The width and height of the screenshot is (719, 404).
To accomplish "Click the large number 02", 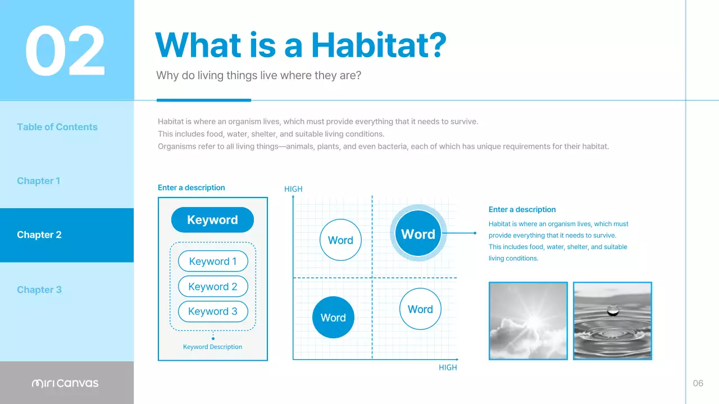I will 65,51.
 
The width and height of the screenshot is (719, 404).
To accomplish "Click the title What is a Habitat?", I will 301,45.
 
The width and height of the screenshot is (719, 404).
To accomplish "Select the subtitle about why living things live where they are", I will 258,75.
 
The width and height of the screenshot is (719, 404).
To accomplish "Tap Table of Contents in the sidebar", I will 57,127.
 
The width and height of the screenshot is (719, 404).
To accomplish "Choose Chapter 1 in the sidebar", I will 38,181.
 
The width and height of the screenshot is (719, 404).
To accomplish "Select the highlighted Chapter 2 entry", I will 39,235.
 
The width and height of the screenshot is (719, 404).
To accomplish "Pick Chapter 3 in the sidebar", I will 39,290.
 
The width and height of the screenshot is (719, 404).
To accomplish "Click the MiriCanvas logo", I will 65,383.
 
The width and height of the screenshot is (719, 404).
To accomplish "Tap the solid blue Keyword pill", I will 212,220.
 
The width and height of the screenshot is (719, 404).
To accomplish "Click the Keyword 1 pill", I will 213,261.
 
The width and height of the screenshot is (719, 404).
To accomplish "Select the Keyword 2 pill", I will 213,287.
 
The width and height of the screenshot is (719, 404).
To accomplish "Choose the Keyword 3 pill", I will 213,311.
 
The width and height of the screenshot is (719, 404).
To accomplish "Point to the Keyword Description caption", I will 212,347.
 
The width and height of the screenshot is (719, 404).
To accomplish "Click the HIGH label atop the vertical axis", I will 293,189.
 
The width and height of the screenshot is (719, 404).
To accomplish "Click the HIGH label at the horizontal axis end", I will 448,368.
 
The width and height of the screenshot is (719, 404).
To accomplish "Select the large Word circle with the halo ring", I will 418,234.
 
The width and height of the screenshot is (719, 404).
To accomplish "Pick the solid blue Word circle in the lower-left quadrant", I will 333,318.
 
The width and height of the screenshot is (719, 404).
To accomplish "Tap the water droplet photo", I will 612,320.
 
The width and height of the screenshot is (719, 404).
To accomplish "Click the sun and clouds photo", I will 528,320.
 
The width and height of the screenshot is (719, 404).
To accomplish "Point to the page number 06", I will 698,383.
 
